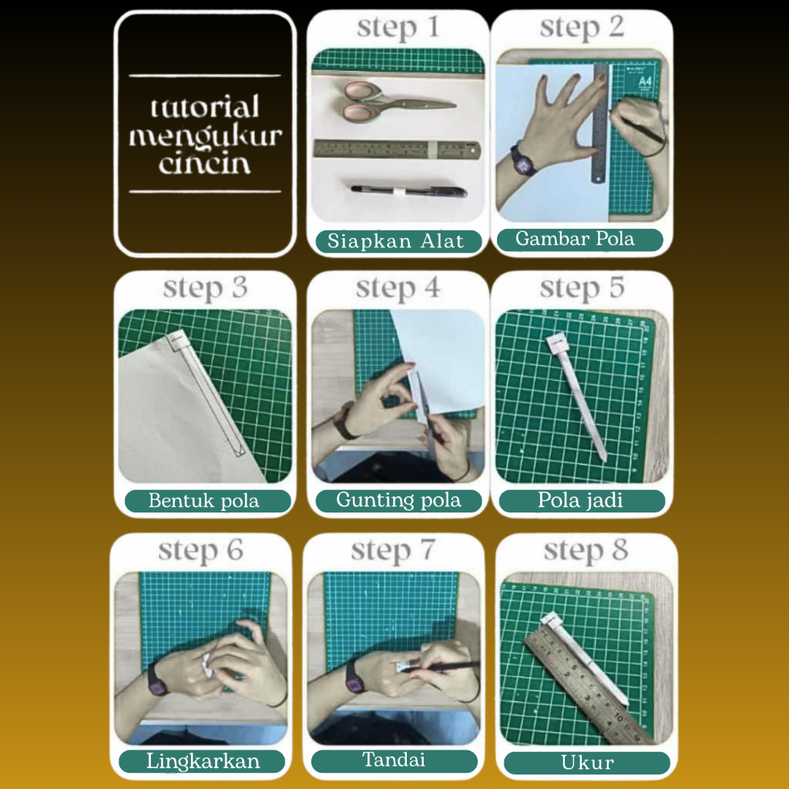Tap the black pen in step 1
click(408, 191)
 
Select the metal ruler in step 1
click(397, 149)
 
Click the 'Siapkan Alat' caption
click(396, 241)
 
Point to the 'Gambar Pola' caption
click(575, 239)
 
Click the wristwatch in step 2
click(523, 161)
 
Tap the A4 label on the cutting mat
click(645, 82)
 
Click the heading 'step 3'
click(205, 289)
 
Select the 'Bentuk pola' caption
click(203, 501)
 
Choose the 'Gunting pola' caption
click(398, 500)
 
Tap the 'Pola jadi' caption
click(580, 500)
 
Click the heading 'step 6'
click(201, 550)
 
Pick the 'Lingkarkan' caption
click(203, 760)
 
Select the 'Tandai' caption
click(394, 759)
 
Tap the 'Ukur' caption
click(587, 762)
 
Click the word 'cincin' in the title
click(204, 163)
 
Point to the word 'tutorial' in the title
click(205, 106)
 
